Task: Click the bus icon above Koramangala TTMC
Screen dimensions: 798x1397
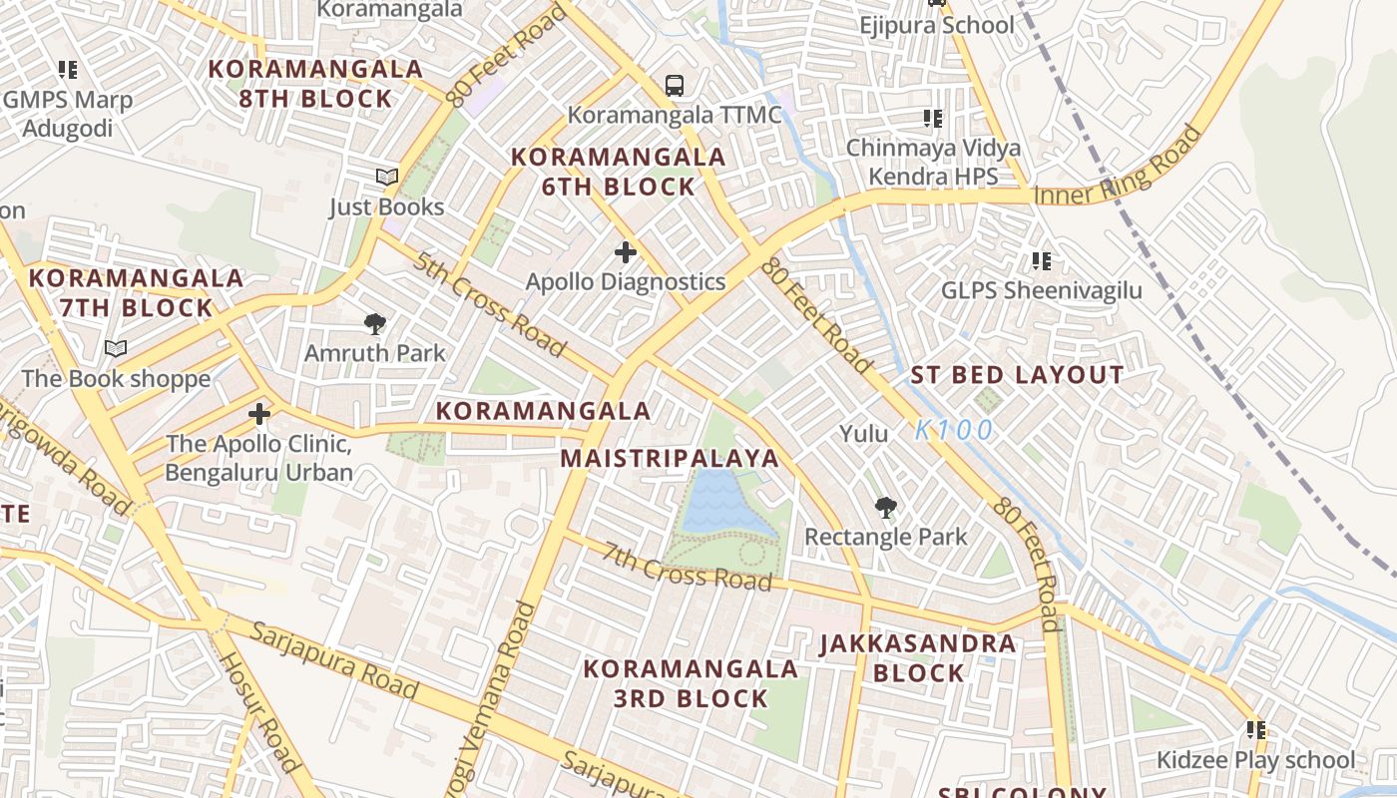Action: coord(675,86)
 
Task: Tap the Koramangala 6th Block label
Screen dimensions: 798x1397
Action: coord(618,172)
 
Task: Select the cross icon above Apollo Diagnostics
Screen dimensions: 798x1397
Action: coord(626,252)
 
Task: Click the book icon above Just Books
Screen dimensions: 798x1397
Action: coord(387,178)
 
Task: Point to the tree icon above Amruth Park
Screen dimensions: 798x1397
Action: coord(375,323)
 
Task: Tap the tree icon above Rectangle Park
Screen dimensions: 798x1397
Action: coord(885,508)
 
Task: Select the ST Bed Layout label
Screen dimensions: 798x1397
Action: coord(1017,376)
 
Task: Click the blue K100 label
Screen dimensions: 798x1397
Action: coord(954,431)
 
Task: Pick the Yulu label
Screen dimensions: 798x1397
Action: coord(863,434)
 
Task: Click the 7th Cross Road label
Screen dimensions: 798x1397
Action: coord(687,567)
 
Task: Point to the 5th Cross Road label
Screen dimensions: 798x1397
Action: coord(490,305)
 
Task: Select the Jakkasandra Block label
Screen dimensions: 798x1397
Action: coord(918,658)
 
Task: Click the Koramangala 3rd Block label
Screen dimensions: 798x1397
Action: coord(691,683)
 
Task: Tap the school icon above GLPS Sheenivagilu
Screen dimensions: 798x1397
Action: coord(1042,261)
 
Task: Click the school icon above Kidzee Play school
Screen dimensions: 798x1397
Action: coord(1255,730)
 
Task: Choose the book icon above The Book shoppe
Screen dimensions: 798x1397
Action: coord(116,349)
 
